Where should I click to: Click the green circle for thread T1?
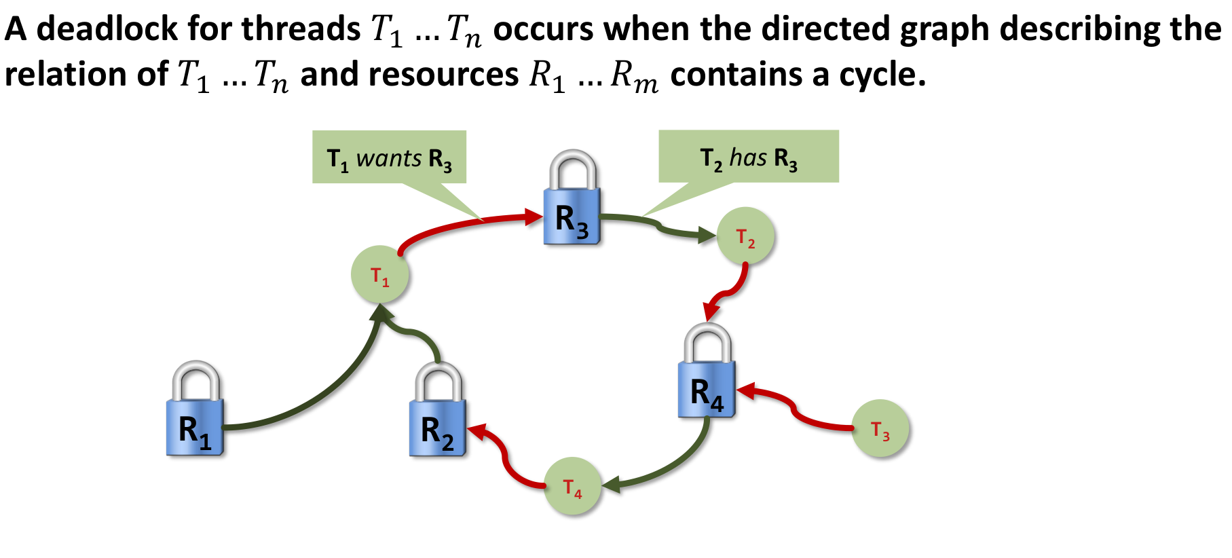click(x=379, y=275)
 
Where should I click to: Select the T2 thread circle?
click(x=745, y=236)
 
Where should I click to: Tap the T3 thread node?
click(x=880, y=428)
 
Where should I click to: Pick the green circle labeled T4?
click(x=572, y=486)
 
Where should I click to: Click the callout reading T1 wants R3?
click(x=389, y=157)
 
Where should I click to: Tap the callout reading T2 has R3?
click(x=749, y=157)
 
